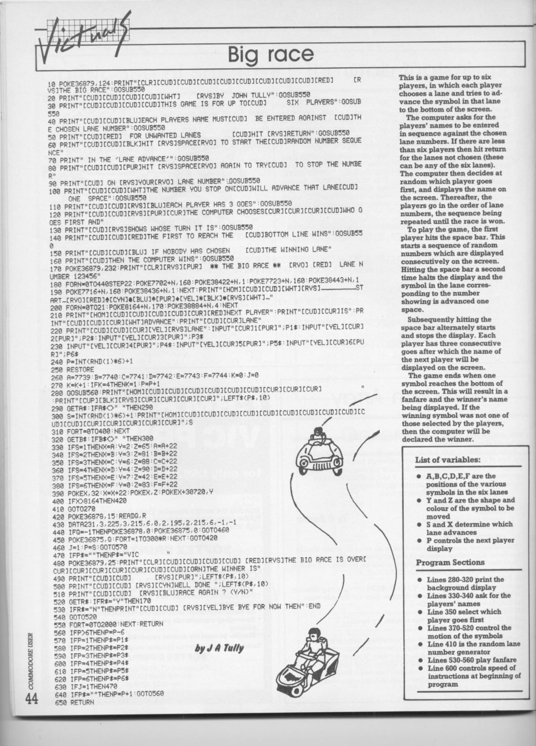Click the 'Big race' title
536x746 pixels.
coord(271,55)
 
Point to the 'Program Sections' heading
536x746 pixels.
coord(449,563)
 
